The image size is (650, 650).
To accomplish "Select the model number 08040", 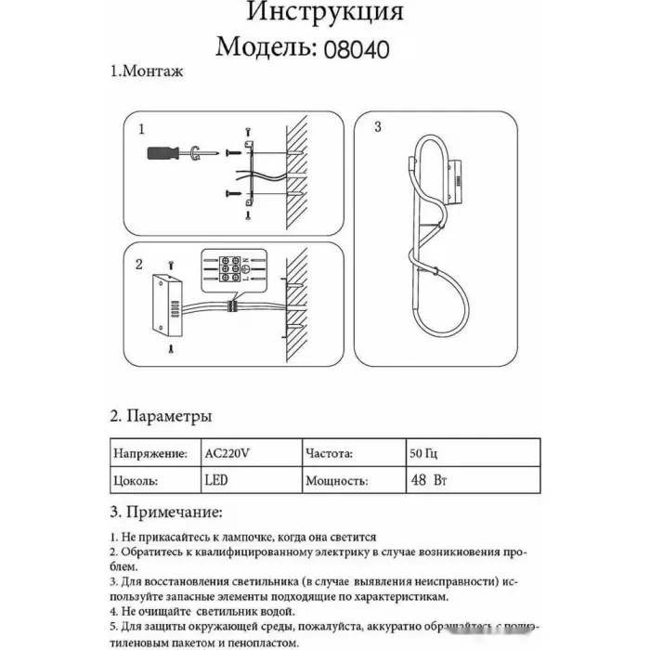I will (x=356, y=45).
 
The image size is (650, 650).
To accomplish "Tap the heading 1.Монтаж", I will (x=146, y=72).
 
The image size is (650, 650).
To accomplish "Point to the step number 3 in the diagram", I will (x=376, y=128).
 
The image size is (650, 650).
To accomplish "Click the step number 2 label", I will (x=138, y=265).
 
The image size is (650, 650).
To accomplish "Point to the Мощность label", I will (x=336, y=482).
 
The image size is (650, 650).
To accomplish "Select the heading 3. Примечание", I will (x=165, y=512).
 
